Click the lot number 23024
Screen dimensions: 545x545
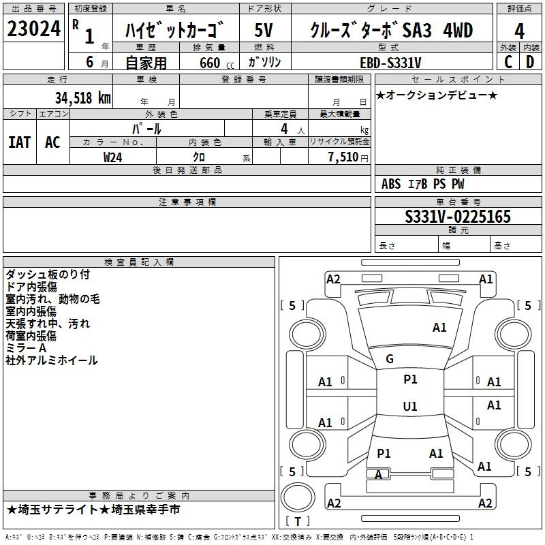(33, 29)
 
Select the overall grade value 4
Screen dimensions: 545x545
(519, 31)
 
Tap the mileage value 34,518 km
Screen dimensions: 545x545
(83, 98)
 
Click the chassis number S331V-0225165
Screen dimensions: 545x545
(458, 216)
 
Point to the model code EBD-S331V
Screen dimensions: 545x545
(390, 63)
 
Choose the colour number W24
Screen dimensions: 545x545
(112, 157)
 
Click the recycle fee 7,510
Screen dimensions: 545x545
(343, 157)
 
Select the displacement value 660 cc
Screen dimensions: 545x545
(217, 63)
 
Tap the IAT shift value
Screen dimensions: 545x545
(20, 142)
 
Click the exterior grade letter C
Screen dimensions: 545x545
(508, 62)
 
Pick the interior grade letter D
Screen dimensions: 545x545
(530, 62)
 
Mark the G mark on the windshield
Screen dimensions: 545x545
(390, 359)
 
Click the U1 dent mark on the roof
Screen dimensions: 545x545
(410, 406)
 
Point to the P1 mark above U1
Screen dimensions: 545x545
(410, 379)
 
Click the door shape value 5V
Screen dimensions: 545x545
(264, 30)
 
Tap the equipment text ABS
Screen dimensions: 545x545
(391, 184)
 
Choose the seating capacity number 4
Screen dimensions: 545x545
(284, 129)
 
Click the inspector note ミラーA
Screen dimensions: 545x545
(26, 348)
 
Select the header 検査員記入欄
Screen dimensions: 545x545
(139, 262)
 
